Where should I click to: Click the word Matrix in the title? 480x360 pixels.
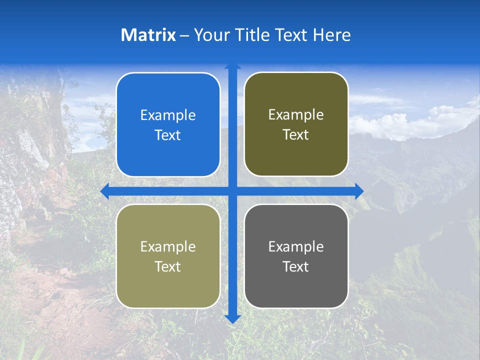coord(148,35)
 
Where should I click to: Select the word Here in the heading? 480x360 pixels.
coord(331,35)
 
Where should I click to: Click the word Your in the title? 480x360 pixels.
coord(211,35)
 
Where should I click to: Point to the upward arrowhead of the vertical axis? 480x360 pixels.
coord(232,66)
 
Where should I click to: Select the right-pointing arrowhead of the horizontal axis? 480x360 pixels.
coord(359,191)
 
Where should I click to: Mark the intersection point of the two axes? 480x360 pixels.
coord(232,191)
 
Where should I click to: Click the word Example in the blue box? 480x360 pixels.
coord(168,115)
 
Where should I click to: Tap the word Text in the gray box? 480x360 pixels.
coord(296,266)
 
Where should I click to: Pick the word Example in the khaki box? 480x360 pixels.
coord(168,246)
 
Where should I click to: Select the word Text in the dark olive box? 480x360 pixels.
coord(296,135)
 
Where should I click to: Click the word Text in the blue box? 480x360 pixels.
coord(168,135)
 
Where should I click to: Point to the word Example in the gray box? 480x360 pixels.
coord(296,246)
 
